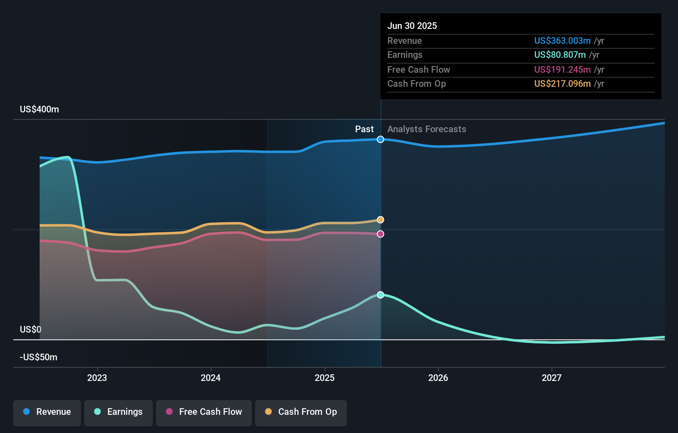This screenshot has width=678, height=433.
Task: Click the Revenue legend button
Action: click(x=47, y=412)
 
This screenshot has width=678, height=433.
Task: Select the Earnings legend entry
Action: click(x=119, y=412)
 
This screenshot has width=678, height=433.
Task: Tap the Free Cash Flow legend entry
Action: click(x=204, y=412)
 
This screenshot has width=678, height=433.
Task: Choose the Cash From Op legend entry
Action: click(x=301, y=412)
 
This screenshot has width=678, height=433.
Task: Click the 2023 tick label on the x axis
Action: click(x=97, y=378)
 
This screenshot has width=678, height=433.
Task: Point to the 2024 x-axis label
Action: click(x=211, y=378)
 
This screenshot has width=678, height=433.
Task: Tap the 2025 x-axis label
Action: click(x=325, y=378)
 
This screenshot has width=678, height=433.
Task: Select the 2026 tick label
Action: click(x=438, y=378)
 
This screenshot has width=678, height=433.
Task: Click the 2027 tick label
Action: click(x=552, y=378)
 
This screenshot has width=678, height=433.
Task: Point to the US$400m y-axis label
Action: click(x=39, y=109)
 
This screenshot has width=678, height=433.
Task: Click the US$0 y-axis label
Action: click(x=31, y=329)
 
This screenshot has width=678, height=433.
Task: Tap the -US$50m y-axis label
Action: click(x=38, y=357)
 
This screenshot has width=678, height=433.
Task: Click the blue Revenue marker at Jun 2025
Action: click(x=380, y=140)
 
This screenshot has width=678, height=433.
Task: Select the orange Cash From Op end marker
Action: click(x=380, y=220)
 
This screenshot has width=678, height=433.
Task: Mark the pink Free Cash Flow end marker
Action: click(x=380, y=234)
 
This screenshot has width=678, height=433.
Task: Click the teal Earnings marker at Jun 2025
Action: click(x=380, y=295)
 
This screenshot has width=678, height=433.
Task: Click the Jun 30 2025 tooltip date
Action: click(x=412, y=26)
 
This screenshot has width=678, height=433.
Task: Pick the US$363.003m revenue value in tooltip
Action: click(x=562, y=40)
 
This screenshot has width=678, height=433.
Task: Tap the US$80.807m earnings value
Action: click(x=559, y=55)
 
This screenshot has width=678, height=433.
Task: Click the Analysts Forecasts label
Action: click(x=427, y=129)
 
